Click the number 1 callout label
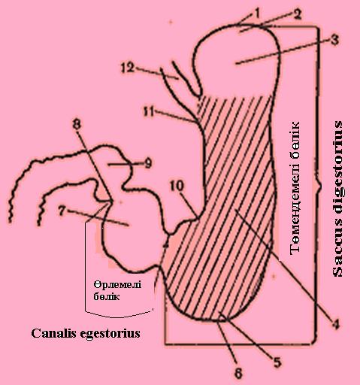click(256, 14)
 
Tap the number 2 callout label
click(297, 14)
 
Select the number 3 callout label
click(334, 40)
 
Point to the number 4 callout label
click(336, 324)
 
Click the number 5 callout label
click(277, 362)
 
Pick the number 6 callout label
click(238, 373)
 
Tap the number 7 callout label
click(62, 211)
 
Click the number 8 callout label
click(77, 124)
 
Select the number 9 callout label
click(148, 163)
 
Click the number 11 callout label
click(149, 111)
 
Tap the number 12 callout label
click(128, 68)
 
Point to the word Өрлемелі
click(117, 285)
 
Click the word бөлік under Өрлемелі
click(107, 296)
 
